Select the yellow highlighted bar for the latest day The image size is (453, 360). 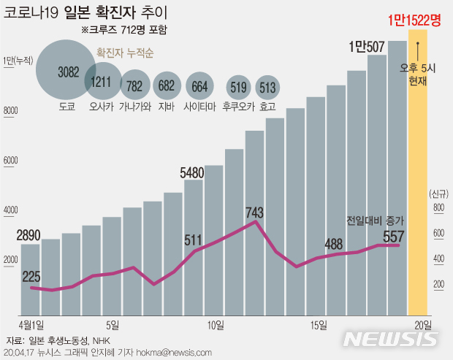pos(418,183)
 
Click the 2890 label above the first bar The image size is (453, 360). pos(29,235)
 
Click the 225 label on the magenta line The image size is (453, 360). pos(31,276)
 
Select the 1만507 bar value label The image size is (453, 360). pos(367,47)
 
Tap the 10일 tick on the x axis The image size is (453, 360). pos(216,324)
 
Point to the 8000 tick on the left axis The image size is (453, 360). pos(9,111)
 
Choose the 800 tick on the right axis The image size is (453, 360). pos(438,208)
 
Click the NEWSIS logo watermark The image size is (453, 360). pos(390,338)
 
